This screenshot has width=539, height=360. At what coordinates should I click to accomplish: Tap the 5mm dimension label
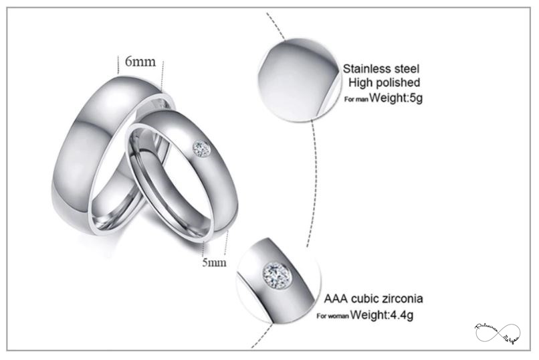[214, 262]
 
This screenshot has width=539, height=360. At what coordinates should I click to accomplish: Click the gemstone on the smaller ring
[201, 148]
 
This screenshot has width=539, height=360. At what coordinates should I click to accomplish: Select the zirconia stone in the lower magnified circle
[275, 272]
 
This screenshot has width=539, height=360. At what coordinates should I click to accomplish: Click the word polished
[396, 83]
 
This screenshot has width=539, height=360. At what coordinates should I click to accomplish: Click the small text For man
[356, 99]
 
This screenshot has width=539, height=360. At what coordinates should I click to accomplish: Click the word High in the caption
[360, 83]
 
